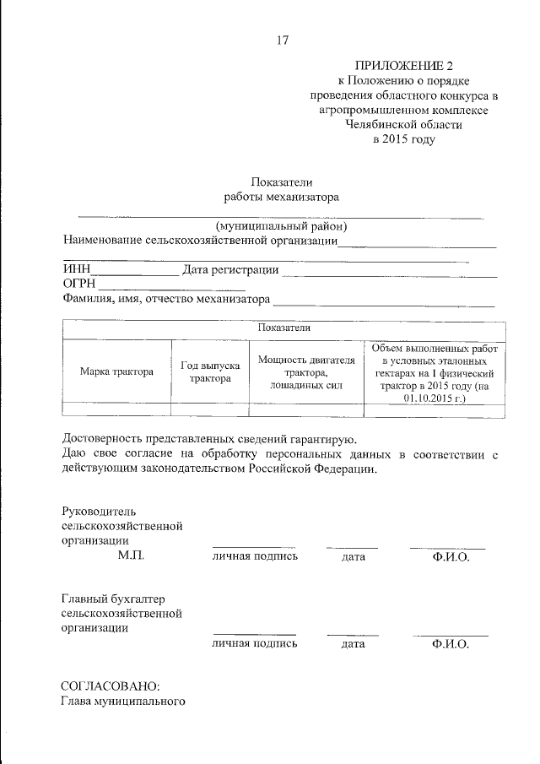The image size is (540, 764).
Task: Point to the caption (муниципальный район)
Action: click(281, 226)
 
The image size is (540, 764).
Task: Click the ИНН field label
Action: click(76, 270)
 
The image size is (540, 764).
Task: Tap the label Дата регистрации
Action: click(230, 270)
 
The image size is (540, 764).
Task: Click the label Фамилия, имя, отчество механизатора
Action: click(166, 299)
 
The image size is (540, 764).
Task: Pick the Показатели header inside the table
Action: click(284, 328)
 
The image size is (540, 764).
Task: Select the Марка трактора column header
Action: click(116, 371)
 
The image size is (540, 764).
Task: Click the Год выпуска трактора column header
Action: click(210, 371)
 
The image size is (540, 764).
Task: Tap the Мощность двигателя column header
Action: click(305, 371)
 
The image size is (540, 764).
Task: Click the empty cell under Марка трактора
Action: click(116, 409)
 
